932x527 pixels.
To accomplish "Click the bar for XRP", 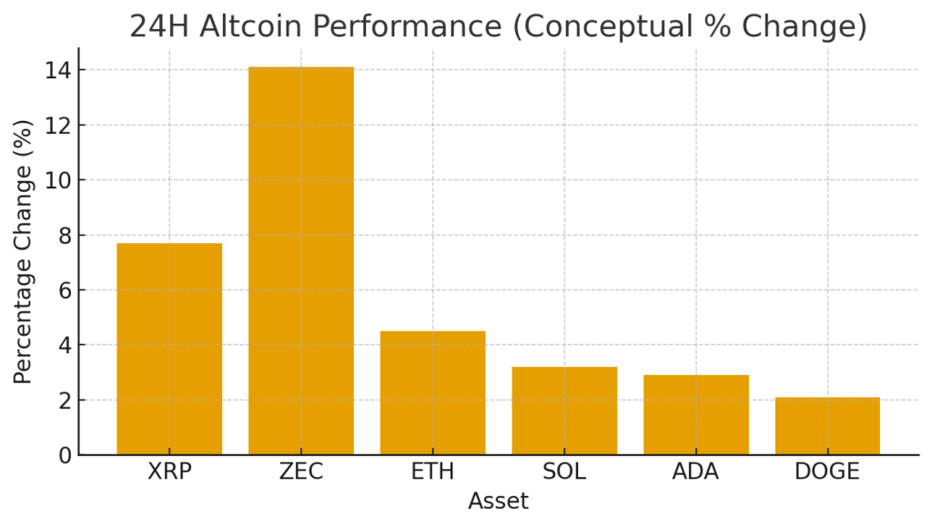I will pyautogui.click(x=169, y=349).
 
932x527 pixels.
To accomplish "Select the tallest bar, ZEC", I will pyautogui.click(x=301, y=261).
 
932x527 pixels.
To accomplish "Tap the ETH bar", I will pyautogui.click(x=432, y=392).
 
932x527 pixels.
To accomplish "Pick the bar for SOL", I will pyautogui.click(x=564, y=410).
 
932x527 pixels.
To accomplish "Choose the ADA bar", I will pyautogui.click(x=696, y=414).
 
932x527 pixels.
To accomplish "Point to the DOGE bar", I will pyautogui.click(x=827, y=426).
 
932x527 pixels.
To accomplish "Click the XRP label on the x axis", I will pyautogui.click(x=169, y=471).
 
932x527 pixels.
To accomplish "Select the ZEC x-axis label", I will pyautogui.click(x=301, y=471).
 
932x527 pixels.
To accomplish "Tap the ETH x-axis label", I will pyautogui.click(x=432, y=471).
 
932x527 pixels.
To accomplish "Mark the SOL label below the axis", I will pyautogui.click(x=564, y=471).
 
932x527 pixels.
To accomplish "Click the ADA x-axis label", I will pyautogui.click(x=696, y=471).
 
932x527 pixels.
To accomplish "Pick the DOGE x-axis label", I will pyautogui.click(x=827, y=471).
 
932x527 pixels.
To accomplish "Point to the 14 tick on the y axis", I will pyautogui.click(x=56, y=70).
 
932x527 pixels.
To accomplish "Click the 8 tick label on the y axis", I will pyautogui.click(x=62, y=235).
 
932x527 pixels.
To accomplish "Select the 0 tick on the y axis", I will pyautogui.click(x=62, y=455).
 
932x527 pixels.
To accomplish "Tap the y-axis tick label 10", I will pyautogui.click(x=56, y=180).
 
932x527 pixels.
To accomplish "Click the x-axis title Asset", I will pyautogui.click(x=498, y=502).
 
